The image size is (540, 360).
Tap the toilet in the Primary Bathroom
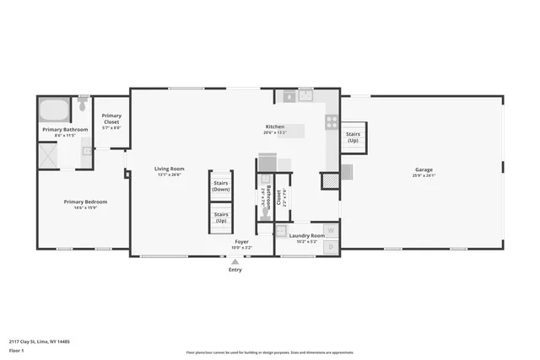(83, 105)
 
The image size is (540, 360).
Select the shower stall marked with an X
(47, 155)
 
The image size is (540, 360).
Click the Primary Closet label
(111, 119)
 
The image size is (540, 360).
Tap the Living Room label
(169, 169)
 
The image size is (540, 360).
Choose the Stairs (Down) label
(221, 186)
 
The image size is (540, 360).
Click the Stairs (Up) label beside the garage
(353, 136)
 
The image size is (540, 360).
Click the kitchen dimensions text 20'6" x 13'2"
(275, 132)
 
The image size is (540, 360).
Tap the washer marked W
(331, 229)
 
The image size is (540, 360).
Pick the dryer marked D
(331, 246)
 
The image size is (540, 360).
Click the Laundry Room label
(306, 235)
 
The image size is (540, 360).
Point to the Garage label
(424, 169)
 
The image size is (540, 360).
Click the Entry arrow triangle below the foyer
(235, 261)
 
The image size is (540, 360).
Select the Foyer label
(241, 242)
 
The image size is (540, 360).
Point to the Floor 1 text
(16, 350)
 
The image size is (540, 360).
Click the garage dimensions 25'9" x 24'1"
(424, 175)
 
